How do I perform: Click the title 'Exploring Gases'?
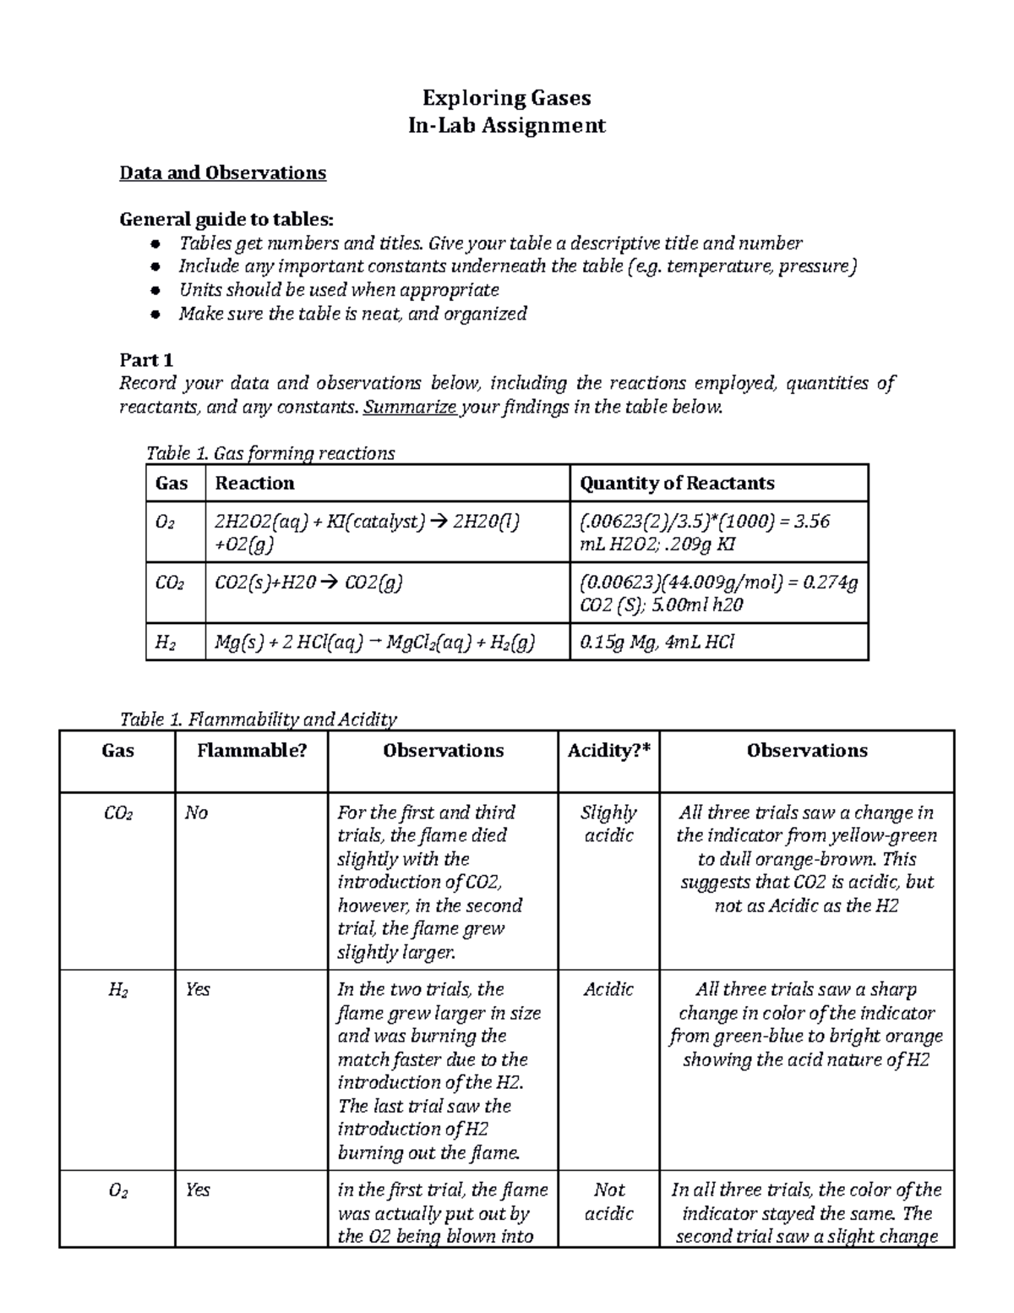click(506, 98)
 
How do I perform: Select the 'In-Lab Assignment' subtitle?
click(506, 126)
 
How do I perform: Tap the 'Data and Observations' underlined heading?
click(222, 173)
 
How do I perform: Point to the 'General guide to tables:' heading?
click(226, 220)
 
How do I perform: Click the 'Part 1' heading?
click(146, 360)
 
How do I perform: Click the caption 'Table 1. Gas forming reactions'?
click(270, 453)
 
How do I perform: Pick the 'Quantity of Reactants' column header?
click(677, 484)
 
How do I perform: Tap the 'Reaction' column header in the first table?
click(254, 484)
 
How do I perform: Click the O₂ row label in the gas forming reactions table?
click(165, 522)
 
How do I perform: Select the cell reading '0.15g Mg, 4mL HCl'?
click(657, 643)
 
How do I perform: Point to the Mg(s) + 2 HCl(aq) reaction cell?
click(374, 643)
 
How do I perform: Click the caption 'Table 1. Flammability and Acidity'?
click(258, 719)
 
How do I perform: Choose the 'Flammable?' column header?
click(251, 751)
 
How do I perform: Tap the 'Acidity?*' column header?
click(608, 751)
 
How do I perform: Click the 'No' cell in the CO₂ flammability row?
click(196, 813)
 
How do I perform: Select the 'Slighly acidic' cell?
click(608, 824)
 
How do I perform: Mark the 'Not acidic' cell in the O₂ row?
click(608, 1201)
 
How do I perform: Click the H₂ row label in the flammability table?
click(117, 990)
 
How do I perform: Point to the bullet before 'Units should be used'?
click(155, 291)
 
